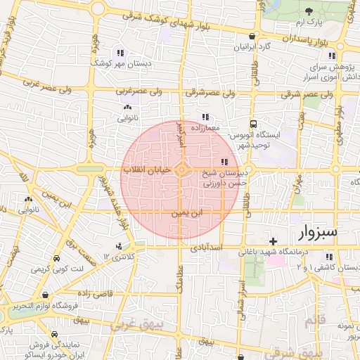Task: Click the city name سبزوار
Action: coord(318,231)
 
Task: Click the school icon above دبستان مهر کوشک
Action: coord(121,53)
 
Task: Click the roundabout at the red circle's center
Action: coord(182,170)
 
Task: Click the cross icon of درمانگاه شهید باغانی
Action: coord(274,241)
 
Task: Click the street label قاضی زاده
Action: coord(91,292)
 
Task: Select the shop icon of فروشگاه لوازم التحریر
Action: coord(46,295)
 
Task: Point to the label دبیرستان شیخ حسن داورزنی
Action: coord(224,176)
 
